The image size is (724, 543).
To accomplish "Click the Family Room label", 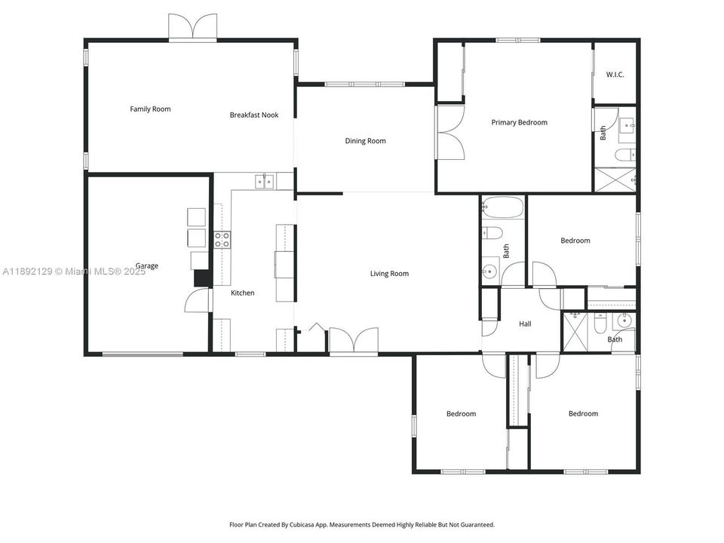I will pos(150,109).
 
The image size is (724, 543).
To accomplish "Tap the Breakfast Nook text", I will pos(254,115).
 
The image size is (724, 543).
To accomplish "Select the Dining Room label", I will pos(365,141).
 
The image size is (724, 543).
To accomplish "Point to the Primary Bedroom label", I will pos(519,122).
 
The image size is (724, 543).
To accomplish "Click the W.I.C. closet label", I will pos(615,75).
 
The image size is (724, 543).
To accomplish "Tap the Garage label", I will pos(146,266).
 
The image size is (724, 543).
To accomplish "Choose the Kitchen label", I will pos(242,293).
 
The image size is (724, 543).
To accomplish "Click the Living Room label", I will pos(389,274).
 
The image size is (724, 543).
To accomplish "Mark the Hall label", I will pos(525,324).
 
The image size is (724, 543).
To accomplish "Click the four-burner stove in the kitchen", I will pos(222,240).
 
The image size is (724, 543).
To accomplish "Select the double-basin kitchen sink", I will pos(263,180).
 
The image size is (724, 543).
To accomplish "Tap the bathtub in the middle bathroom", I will pos(501,206).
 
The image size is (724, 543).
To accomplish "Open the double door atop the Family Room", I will pos(193,27).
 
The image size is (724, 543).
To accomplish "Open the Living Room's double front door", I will pos(354,340).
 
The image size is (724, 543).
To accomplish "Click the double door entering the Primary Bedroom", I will pos(450,133).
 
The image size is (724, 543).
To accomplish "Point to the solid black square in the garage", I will pos(202,278).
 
